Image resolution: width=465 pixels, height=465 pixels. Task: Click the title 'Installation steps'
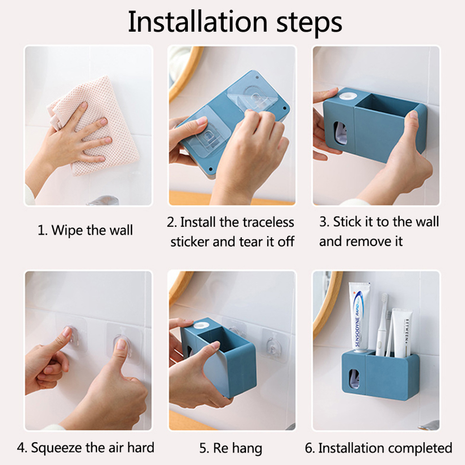click(x=235, y=22)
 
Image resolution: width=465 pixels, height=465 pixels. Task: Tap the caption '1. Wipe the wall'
click(x=85, y=230)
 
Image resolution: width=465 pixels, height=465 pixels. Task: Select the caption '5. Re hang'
click(x=231, y=448)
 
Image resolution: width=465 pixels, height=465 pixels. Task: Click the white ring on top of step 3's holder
click(x=348, y=97)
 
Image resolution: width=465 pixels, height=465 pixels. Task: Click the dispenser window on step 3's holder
click(x=341, y=134)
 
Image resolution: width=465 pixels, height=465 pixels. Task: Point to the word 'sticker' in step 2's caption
click(x=190, y=242)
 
